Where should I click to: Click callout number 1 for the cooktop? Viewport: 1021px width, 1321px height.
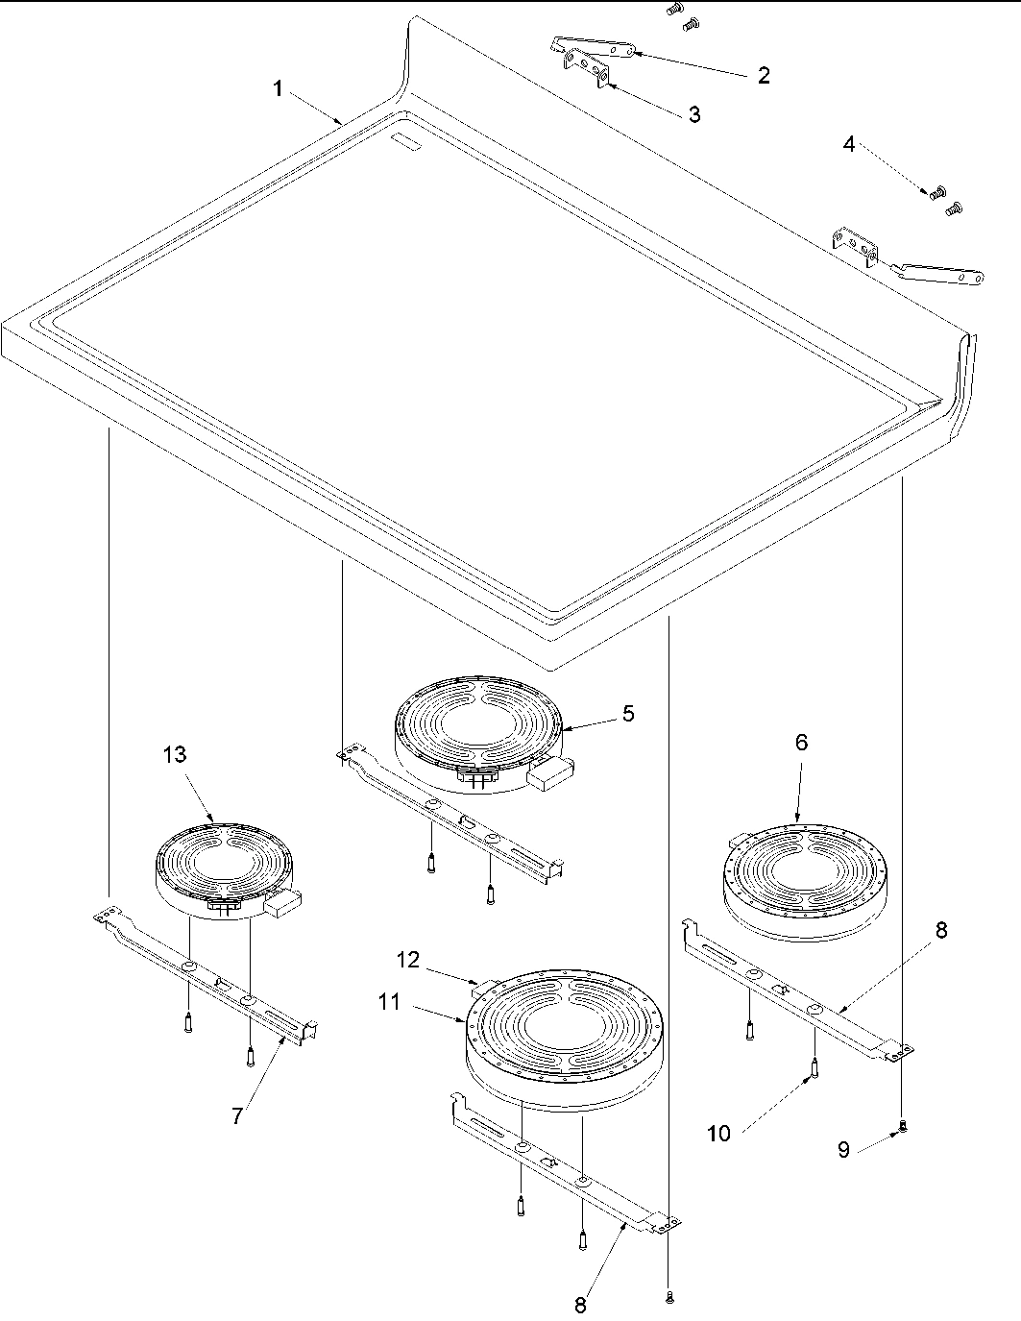coord(278,89)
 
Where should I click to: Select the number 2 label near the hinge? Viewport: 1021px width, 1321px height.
coord(763,76)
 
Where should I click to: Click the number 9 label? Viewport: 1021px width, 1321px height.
coord(843,1149)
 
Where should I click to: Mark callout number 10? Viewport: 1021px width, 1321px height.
coord(719,1134)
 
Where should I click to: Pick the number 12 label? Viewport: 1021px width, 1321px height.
coord(409,960)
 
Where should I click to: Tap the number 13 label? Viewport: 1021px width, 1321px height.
coord(174,755)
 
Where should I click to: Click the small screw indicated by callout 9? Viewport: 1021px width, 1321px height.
coord(902,1127)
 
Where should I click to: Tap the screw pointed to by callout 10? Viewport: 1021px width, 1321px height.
coord(814,1066)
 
